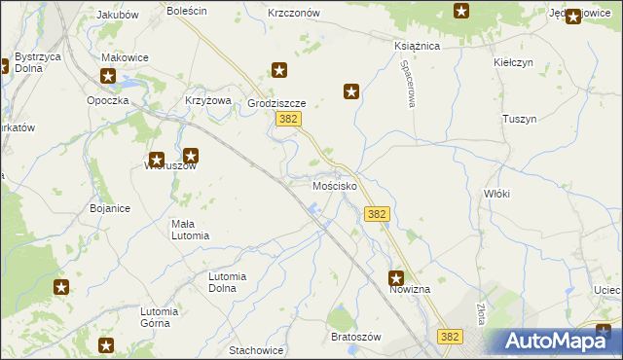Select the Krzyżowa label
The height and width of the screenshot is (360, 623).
coord(206,100)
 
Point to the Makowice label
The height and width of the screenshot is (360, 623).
coord(125,57)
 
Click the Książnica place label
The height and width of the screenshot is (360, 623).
coord(418,46)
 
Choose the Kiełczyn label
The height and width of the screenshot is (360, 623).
coord(515,61)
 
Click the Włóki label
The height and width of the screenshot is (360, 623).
coord(496,194)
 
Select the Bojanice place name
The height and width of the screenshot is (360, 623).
coord(110,208)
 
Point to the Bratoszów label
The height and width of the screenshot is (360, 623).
coord(354,336)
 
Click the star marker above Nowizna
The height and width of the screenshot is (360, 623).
coord(396,277)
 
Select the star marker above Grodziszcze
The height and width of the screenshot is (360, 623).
coord(279,70)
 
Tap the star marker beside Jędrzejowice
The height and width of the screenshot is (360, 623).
coord(573,16)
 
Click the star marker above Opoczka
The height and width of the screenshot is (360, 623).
coord(108,75)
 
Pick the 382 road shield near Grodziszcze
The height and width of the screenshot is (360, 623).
coord(287,119)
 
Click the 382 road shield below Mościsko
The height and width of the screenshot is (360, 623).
coord(378,214)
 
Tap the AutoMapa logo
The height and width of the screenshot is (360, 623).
coord(560,341)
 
